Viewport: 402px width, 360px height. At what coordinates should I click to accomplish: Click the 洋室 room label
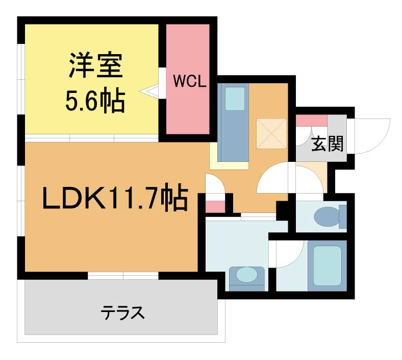pos(95,65)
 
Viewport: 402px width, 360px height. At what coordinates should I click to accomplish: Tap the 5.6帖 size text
pos(95,100)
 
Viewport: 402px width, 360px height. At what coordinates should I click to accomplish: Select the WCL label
pos(190,81)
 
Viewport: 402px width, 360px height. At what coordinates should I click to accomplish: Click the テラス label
pos(123,313)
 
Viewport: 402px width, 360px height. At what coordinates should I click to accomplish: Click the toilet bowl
pos(327,217)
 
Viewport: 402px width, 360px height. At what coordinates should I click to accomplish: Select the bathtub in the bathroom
pos(327,266)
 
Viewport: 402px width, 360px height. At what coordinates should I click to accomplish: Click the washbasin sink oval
pos(246,275)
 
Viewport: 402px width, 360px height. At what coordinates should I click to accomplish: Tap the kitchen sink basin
pos(235,99)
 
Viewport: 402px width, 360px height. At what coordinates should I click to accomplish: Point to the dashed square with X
pos(271,133)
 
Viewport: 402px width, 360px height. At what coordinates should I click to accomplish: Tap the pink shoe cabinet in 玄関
pos(312,121)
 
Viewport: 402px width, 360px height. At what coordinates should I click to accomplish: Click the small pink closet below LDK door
pos(216,207)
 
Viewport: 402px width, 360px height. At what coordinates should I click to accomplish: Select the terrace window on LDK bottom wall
pos(123,276)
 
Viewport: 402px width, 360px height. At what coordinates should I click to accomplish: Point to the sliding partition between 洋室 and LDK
pos(91,138)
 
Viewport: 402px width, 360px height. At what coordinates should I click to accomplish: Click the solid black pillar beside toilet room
pos(282,211)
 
